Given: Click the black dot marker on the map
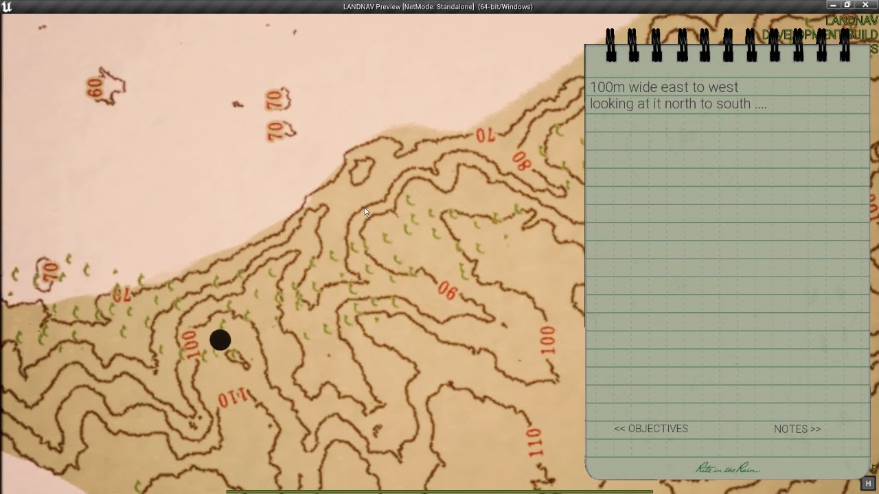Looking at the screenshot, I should tap(220, 340).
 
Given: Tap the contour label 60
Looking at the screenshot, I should tap(95, 88).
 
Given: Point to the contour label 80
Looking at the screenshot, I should tap(521, 161).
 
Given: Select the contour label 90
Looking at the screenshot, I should tap(447, 292).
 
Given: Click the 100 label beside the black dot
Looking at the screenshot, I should tap(190, 345).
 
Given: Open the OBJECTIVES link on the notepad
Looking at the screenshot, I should tap(651, 429).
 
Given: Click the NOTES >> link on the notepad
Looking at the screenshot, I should tap(797, 429).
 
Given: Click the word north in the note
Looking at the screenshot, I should tap(678, 104).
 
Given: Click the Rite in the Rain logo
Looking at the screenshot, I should tap(727, 468).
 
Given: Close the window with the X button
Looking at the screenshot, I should tap(865, 5).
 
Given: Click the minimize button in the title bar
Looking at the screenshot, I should tap(833, 5).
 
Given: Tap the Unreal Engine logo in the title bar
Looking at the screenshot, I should tap(7, 7).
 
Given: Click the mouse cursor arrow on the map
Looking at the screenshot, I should tap(367, 213).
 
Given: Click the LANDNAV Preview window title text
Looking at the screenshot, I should tap(437, 7).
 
